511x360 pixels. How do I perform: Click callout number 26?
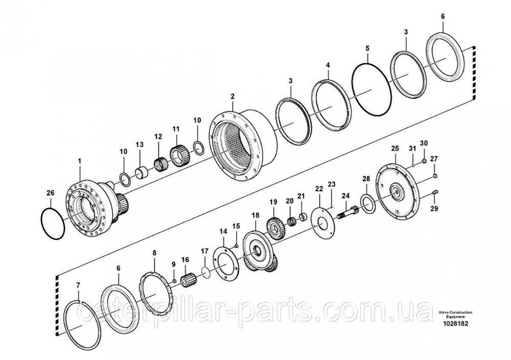(x=50, y=193)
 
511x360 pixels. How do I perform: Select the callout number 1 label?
(x=80, y=162)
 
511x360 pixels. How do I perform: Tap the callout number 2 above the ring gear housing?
(x=232, y=96)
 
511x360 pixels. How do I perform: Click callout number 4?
(x=328, y=65)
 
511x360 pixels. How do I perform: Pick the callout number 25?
(x=394, y=148)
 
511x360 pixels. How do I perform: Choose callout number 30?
(x=424, y=143)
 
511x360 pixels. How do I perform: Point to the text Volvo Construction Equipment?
(x=455, y=314)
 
